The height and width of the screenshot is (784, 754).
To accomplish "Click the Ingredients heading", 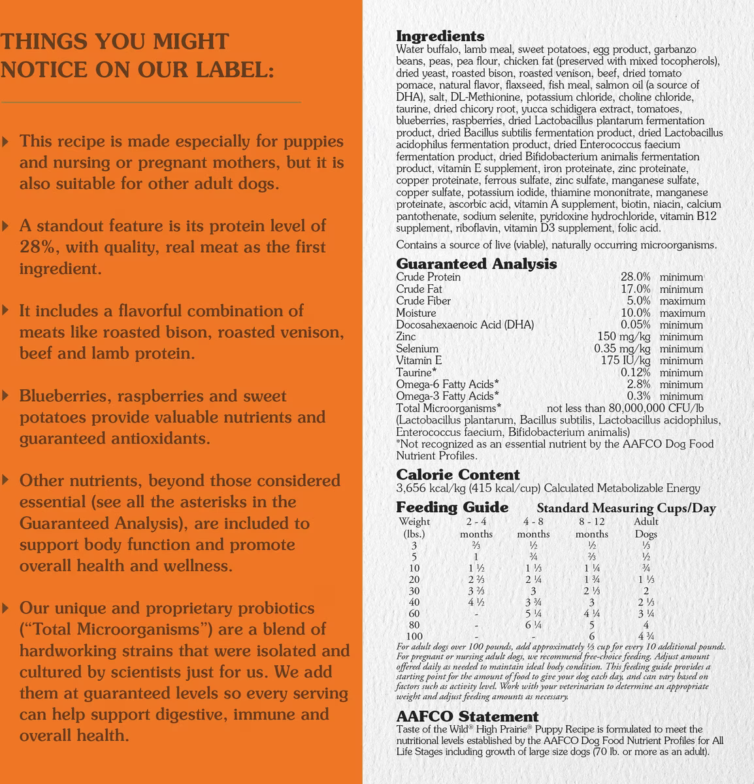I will [x=440, y=36].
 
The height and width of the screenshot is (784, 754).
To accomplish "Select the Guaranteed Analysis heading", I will [x=476, y=264].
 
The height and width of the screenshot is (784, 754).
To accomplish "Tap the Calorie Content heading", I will [x=458, y=474].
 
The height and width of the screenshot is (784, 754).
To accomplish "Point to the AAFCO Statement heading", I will [x=467, y=717].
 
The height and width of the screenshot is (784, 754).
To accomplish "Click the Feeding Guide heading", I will [x=452, y=508].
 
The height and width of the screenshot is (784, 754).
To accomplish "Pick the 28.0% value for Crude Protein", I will [x=635, y=277].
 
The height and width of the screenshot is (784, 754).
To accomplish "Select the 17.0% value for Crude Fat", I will [x=635, y=289].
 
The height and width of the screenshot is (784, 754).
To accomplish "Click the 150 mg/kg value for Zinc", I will [x=624, y=336].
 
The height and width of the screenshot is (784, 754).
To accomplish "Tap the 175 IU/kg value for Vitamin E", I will [x=625, y=360].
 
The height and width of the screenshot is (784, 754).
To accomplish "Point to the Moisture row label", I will [x=416, y=313].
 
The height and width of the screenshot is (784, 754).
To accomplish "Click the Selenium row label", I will [x=417, y=348].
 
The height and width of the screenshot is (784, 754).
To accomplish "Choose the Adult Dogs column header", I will [x=646, y=527].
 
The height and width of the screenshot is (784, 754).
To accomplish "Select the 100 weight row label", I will [x=414, y=636].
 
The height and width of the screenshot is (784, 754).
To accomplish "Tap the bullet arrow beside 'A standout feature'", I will [x=6, y=226].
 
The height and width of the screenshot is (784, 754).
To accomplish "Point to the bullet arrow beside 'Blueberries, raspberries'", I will [x=6, y=396].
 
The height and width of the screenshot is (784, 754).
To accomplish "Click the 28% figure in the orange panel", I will [x=37, y=248].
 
